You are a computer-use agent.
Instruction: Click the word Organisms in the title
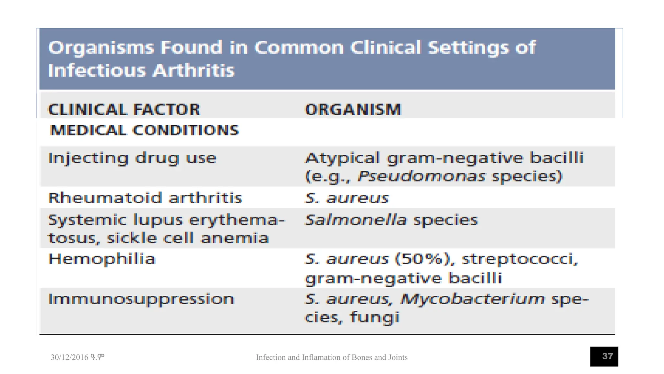[x=101, y=48]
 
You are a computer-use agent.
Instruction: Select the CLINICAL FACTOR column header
[x=124, y=109]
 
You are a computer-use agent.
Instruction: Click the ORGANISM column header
[x=353, y=109]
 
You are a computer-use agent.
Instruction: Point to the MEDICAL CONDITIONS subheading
[x=144, y=131]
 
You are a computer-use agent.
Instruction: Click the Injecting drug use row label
[x=132, y=158]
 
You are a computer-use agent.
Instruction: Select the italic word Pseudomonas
[x=421, y=177]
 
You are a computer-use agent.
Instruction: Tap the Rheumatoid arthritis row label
[x=145, y=198]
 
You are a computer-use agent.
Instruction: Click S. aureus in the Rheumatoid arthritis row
[x=347, y=198]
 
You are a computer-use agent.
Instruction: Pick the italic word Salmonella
[x=356, y=220]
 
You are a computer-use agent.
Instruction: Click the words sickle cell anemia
[x=188, y=238]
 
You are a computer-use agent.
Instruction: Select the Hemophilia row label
[x=102, y=259]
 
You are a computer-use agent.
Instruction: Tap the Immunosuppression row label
[x=141, y=299]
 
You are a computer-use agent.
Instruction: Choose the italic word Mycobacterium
[x=472, y=299]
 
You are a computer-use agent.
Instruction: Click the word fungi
[x=374, y=317]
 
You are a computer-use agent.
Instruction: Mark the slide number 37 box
[x=604, y=356]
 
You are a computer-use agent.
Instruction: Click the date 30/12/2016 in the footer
[x=69, y=357]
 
